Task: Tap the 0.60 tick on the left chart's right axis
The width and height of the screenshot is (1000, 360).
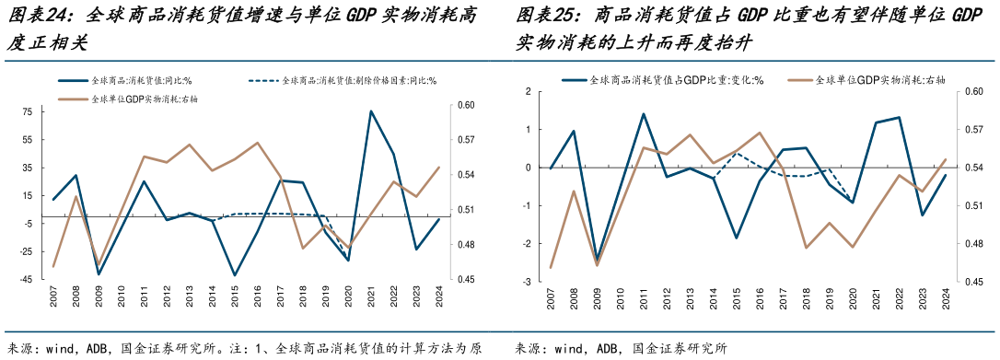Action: pyautogui.click(x=466, y=105)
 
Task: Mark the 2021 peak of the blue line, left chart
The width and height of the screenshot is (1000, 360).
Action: pyautogui.click(x=371, y=112)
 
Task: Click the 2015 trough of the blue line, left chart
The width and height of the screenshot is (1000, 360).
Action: pyautogui.click(x=235, y=275)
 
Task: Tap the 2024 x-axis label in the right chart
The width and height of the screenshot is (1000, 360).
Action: pyautogui.click(x=945, y=301)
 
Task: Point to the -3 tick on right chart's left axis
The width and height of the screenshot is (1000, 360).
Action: pyautogui.click(x=527, y=282)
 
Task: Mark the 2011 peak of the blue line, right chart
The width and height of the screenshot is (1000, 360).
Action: pyautogui.click(x=643, y=114)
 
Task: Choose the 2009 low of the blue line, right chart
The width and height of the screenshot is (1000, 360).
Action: pyautogui.click(x=597, y=261)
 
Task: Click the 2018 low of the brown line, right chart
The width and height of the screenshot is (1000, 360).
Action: pyautogui.click(x=806, y=248)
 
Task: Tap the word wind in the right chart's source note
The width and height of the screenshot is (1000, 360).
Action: pyautogui.click(x=569, y=349)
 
